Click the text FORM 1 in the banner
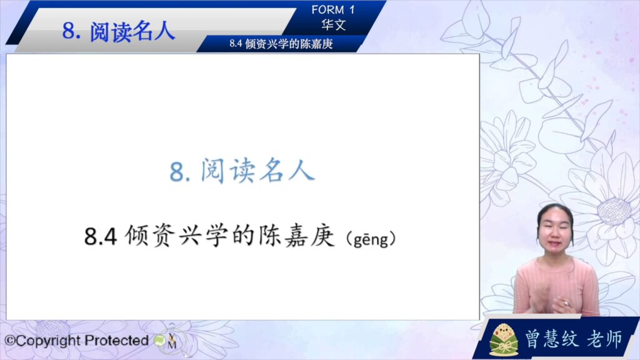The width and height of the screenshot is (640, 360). click(x=333, y=10)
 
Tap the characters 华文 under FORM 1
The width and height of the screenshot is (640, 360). click(x=334, y=25)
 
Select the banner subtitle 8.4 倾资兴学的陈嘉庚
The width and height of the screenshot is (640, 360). click(x=281, y=44)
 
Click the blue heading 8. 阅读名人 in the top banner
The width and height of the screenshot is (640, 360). click(x=118, y=31)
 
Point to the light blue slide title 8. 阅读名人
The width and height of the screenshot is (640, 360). click(x=242, y=171)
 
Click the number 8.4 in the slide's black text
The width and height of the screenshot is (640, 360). click(x=101, y=236)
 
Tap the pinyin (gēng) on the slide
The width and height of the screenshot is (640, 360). click(x=371, y=238)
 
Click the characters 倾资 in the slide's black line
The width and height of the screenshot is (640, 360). click(x=150, y=236)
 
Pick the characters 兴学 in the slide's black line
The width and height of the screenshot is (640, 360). click(x=203, y=236)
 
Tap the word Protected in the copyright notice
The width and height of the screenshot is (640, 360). click(x=117, y=340)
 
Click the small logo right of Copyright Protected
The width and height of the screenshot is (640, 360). click(x=166, y=341)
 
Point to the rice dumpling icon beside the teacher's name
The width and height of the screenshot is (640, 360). click(x=504, y=339)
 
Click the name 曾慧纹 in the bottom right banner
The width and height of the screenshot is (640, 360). click(x=551, y=339)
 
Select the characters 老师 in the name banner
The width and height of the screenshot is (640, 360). click(x=605, y=339)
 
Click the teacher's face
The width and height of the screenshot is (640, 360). click(x=555, y=231)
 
